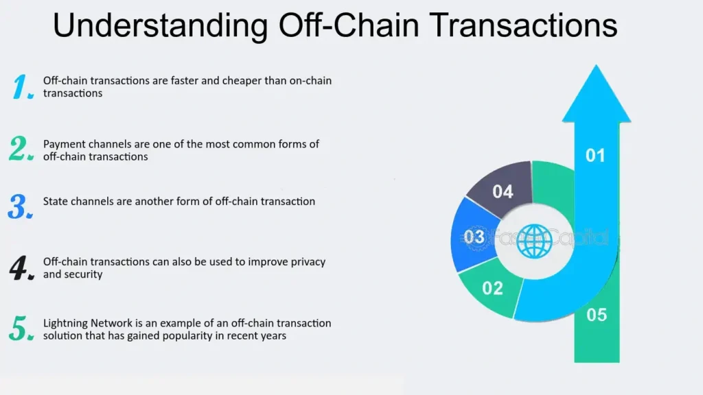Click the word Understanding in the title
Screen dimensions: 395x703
(x=159, y=25)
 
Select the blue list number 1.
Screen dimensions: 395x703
(x=23, y=87)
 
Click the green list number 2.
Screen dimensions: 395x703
(x=21, y=149)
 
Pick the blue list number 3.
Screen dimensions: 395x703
(x=21, y=206)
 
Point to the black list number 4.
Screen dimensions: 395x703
(x=22, y=268)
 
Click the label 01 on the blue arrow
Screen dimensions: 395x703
(x=595, y=156)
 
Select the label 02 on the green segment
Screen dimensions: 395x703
(x=492, y=288)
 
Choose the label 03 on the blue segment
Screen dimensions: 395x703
(x=474, y=237)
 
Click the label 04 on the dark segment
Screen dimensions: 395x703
(x=503, y=192)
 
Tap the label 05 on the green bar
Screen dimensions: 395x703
(x=597, y=315)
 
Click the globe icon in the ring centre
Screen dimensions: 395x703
(x=535, y=241)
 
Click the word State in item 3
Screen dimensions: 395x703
(x=55, y=202)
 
